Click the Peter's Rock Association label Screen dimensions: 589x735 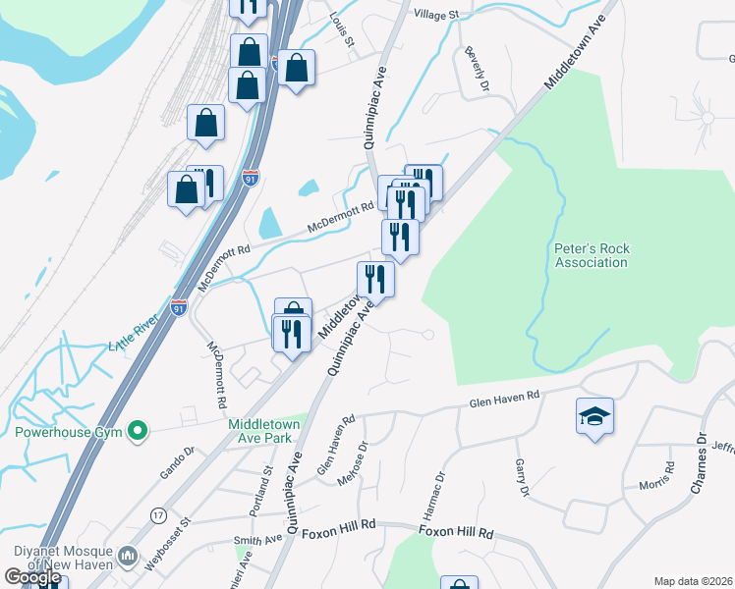(x=591, y=255)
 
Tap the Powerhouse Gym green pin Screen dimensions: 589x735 (x=139, y=430)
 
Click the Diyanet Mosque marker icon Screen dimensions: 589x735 (x=127, y=558)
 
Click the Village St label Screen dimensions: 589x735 (x=436, y=15)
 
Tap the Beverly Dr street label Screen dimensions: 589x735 (x=479, y=69)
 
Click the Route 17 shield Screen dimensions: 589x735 (x=158, y=515)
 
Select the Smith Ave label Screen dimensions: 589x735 (x=258, y=540)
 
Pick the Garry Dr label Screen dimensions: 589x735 (x=520, y=477)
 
